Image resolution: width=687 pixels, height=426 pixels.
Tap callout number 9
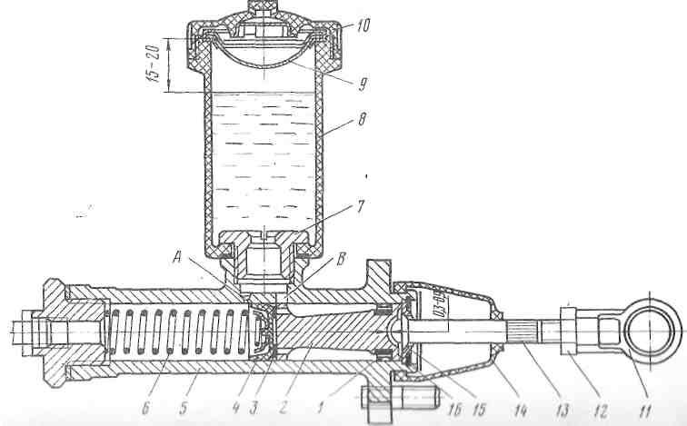pos(363,84)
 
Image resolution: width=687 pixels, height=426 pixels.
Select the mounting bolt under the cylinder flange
pos(400,398)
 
